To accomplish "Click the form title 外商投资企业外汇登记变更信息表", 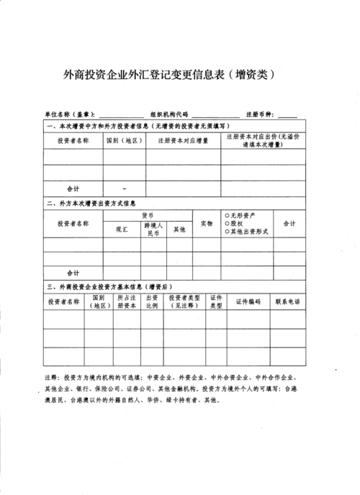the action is [145, 74].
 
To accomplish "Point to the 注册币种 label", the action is [261, 114].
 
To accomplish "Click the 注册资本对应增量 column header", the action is [182, 140].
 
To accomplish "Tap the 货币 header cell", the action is [148, 215].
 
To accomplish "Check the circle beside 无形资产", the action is [227, 215].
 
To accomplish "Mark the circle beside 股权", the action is [227, 223].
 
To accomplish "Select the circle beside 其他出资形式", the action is [227, 232].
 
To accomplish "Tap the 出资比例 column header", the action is [153, 301].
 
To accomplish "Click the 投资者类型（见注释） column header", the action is [184, 301].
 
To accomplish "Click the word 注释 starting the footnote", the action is [51, 377].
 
